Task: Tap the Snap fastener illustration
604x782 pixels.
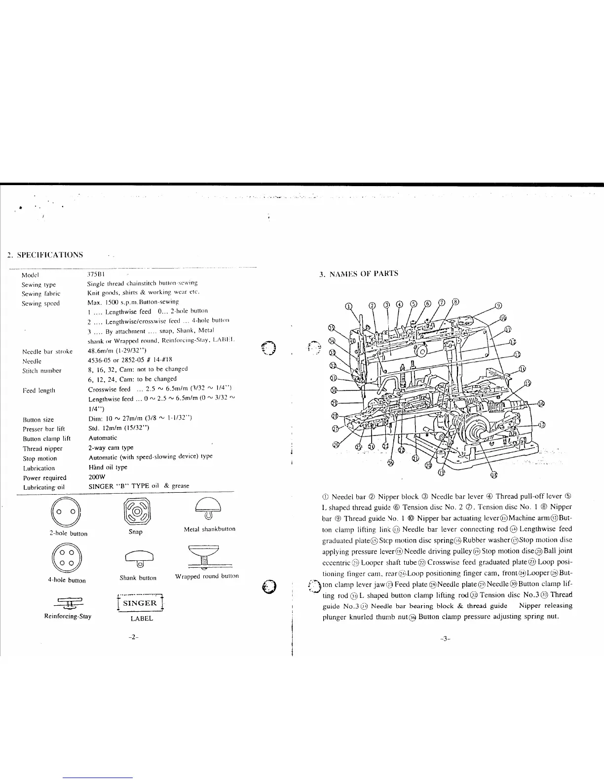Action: pyautogui.click(x=135, y=511)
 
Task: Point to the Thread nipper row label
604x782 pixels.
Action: pyautogui.click(x=42, y=449)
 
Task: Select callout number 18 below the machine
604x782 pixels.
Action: pyautogui.click(x=494, y=475)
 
